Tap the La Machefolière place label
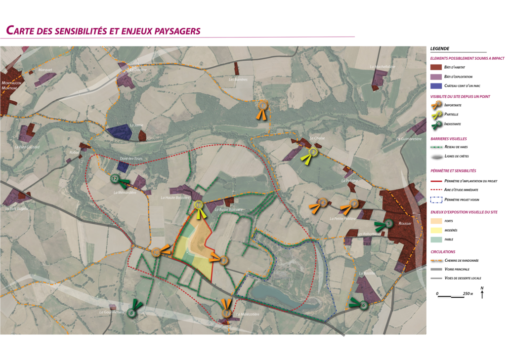pos(382,67)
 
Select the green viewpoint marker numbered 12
pos(116,178)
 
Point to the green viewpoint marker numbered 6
pos(364,305)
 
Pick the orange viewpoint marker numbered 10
pos(156,252)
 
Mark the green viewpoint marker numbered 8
pos(131,312)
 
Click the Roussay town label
pos(405,223)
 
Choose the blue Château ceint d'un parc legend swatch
pos(435,86)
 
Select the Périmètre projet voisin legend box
pos(435,200)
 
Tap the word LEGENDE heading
pos(440,48)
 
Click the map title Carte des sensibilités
pos(103,31)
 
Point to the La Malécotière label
pos(248,314)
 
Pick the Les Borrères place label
pos(238,79)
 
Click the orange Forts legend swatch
pos(435,221)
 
